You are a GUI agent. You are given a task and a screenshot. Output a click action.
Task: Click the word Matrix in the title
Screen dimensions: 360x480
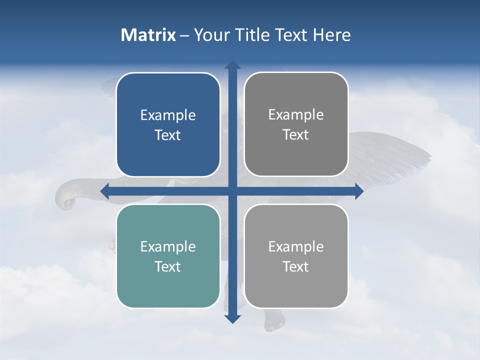(x=148, y=35)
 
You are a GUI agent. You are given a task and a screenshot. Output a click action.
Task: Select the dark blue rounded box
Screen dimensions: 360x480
(x=168, y=125)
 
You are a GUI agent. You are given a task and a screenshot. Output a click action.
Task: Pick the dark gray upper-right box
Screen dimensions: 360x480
(x=296, y=124)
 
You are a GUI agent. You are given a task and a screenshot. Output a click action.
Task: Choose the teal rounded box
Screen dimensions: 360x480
(x=168, y=256)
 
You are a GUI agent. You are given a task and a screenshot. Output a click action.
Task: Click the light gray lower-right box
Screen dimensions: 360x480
(x=296, y=256)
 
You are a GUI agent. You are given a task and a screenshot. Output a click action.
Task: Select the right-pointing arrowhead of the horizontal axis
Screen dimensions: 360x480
(x=358, y=191)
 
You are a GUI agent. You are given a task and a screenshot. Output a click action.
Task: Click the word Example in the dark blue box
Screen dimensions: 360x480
(x=168, y=115)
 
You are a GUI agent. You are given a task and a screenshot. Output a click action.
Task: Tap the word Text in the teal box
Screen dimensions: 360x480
(x=168, y=266)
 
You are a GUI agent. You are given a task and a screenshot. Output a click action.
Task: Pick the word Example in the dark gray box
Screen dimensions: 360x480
(x=296, y=115)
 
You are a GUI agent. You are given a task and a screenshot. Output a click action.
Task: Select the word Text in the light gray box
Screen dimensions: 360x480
(x=296, y=266)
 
